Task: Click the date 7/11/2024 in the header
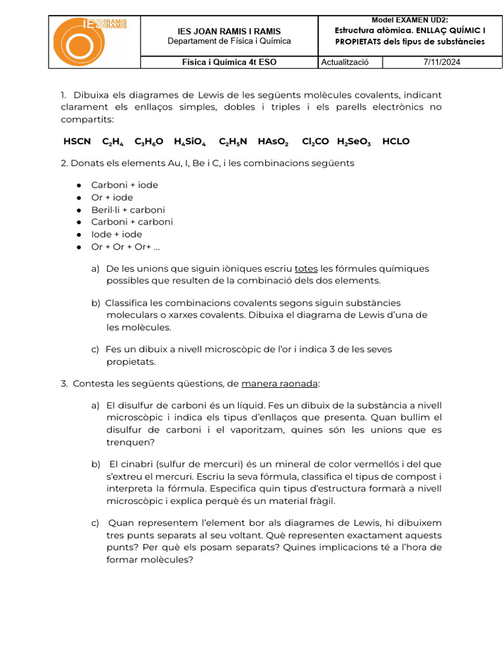[442, 62]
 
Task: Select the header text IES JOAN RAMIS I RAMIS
[229, 31]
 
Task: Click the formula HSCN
[77, 142]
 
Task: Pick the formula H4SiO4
[190, 142]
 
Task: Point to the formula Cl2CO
[316, 142]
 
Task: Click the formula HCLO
[396, 142]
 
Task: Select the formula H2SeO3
[354, 142]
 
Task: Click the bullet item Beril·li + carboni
[128, 210]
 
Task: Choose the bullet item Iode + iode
[116, 234]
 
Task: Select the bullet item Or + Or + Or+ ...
[125, 247]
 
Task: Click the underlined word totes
[306, 268]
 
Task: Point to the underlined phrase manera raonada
[280, 383]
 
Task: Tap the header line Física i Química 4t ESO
[229, 62]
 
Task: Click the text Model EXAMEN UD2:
[409, 20]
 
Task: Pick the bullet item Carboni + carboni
[132, 222]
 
